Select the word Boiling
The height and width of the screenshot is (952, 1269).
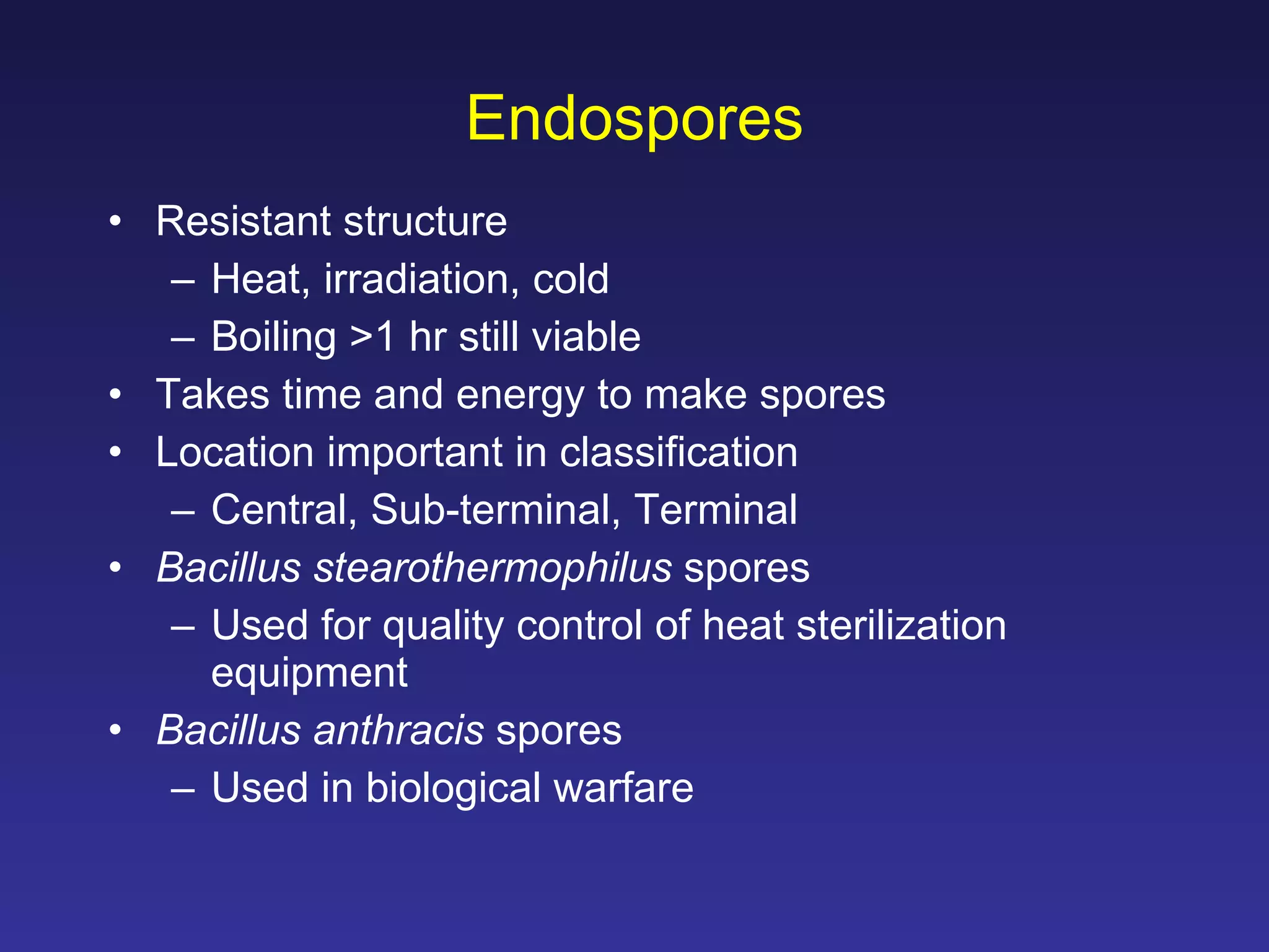click(x=273, y=338)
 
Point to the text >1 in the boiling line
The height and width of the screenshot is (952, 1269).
click(x=372, y=338)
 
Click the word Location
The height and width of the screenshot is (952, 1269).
click(x=235, y=452)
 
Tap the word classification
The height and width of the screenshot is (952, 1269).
click(x=678, y=452)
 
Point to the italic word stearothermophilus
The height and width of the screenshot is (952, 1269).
click(x=493, y=568)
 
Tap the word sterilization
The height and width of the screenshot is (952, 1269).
click(x=901, y=625)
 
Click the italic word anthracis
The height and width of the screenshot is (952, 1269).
click(x=398, y=730)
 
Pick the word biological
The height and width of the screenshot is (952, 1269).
click(x=454, y=788)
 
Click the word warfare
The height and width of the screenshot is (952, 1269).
click(x=623, y=788)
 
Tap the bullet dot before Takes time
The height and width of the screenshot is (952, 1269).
click(x=115, y=395)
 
